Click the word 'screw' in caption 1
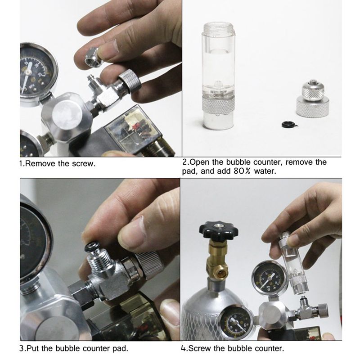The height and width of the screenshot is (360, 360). [x=85, y=164]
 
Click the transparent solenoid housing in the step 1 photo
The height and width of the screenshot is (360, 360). [x=135, y=130]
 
